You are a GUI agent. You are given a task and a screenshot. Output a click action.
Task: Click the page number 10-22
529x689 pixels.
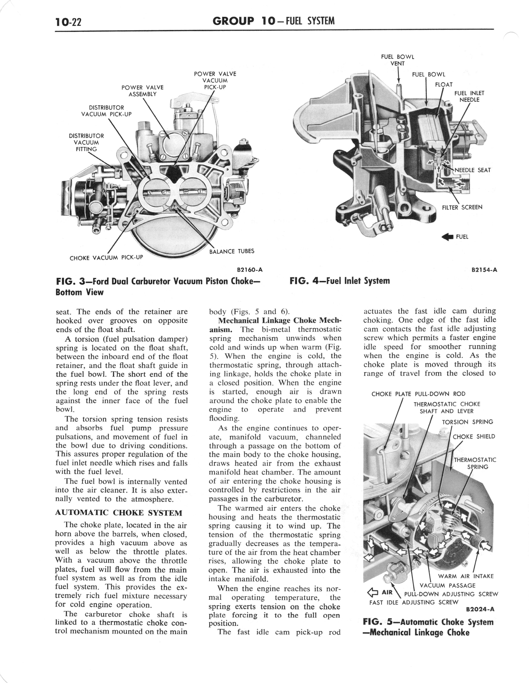pyautogui.click(x=68, y=22)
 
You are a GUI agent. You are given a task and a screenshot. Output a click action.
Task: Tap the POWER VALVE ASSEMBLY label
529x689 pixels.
pyautogui.click(x=142, y=91)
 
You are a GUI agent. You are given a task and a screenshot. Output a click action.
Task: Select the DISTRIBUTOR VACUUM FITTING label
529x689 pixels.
pyautogui.click(x=86, y=142)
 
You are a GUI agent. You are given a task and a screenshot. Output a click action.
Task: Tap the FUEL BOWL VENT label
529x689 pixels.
pyautogui.click(x=397, y=60)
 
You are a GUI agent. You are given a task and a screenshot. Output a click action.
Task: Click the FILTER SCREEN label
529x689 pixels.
pyautogui.click(x=462, y=207)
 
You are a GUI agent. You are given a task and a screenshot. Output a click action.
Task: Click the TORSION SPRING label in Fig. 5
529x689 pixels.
pyautogui.click(x=467, y=422)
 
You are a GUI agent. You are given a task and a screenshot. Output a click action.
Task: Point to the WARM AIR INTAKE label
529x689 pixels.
pyautogui.click(x=466, y=576)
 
